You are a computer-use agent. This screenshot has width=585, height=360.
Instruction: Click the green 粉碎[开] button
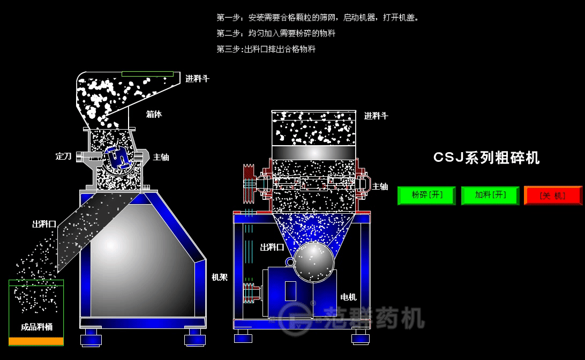click(426, 196)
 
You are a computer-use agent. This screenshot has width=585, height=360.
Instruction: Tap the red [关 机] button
click(553, 196)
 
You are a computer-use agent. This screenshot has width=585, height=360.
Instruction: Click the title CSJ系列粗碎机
click(486, 157)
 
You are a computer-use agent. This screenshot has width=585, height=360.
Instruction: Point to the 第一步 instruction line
click(318, 18)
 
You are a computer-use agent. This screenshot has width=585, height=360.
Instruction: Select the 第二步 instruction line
click(276, 33)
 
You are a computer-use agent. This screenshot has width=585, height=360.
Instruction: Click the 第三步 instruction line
click(266, 49)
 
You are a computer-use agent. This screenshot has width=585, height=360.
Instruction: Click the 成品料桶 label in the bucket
click(36, 326)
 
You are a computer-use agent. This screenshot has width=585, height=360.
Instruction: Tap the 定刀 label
click(63, 156)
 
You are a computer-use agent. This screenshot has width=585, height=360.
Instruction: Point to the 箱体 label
click(154, 114)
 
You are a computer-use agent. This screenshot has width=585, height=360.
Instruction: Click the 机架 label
click(220, 277)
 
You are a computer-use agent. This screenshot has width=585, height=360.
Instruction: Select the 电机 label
click(348, 297)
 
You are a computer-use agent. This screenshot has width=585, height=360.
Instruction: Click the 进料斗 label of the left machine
click(197, 79)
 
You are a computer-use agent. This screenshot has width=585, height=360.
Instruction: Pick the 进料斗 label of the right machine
click(376, 116)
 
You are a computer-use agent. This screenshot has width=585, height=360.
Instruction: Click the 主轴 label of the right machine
click(380, 186)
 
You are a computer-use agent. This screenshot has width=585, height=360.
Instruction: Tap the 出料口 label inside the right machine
click(272, 247)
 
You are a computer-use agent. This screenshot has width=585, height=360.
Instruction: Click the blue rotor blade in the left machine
click(117, 156)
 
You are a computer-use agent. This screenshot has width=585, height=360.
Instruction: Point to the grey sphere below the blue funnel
click(313, 262)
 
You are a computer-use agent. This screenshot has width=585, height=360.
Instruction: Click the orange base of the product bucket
click(36, 341)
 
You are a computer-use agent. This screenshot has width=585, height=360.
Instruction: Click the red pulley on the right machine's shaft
click(248, 184)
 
